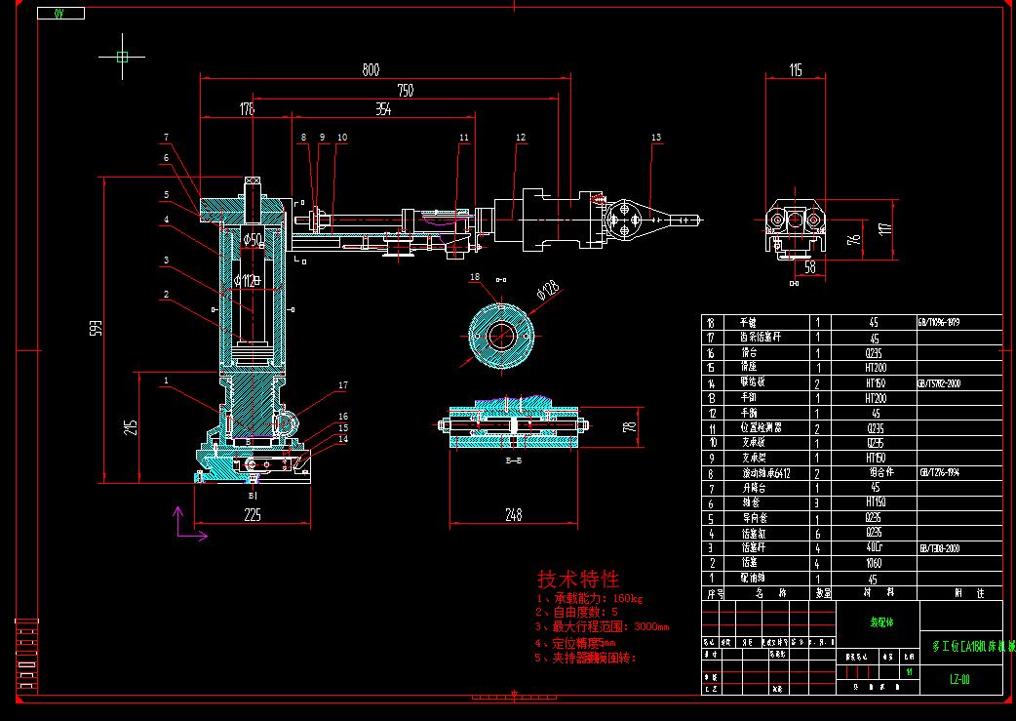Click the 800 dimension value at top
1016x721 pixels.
tap(371, 69)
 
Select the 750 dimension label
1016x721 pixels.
tap(405, 90)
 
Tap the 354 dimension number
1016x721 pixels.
tap(383, 110)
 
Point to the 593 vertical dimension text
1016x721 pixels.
tap(96, 329)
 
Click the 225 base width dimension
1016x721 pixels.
tap(252, 515)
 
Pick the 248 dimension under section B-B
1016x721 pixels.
tap(513, 514)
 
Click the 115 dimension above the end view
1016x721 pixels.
tap(796, 69)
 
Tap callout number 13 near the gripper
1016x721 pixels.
tap(656, 138)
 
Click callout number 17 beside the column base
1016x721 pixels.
tap(343, 385)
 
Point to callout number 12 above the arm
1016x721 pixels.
tap(521, 138)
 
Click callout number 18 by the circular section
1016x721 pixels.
tap(476, 277)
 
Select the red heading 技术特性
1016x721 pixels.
tap(578, 579)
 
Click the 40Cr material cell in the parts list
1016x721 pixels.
tap(874, 549)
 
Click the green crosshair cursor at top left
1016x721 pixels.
tap(122, 57)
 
